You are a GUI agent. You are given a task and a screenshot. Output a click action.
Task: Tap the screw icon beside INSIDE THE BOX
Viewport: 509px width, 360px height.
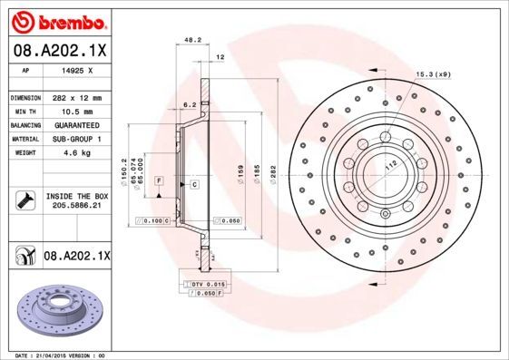point(25,199)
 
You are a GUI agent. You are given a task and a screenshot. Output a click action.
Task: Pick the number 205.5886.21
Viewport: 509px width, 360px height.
point(76,206)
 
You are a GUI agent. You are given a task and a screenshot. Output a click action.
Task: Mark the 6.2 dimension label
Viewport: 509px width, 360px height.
point(189,104)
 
